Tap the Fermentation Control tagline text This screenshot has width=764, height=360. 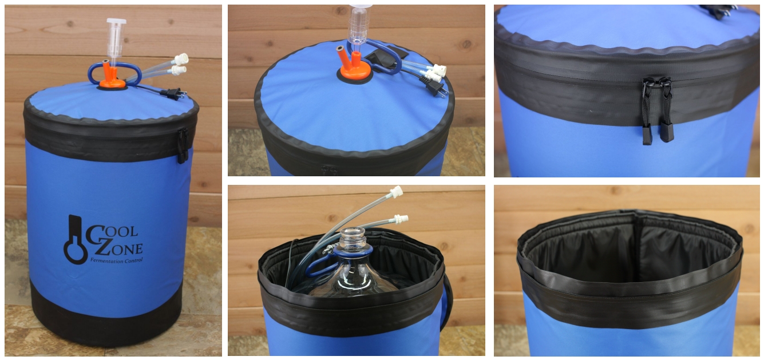pos(116,261)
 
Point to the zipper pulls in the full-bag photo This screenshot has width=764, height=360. pos(183,146)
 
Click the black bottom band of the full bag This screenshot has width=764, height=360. pos(106,322)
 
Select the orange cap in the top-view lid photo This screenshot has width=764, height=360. pos(354,67)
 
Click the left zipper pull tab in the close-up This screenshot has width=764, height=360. pos(647,112)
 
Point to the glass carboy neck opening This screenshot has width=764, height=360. pos(353,233)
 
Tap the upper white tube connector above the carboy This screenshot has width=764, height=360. pos(397,192)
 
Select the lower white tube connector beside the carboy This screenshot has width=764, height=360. pos(401,219)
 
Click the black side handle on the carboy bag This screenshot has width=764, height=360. pos(447,302)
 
